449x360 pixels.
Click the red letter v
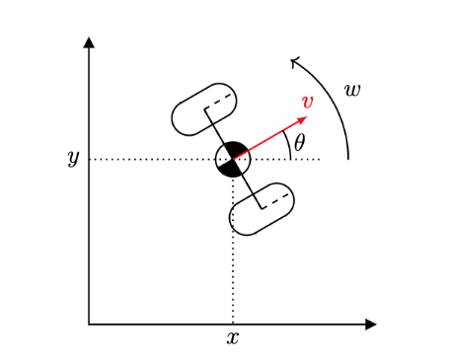[308, 102]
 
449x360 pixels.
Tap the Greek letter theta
[300, 141]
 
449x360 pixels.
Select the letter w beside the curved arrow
[351, 91]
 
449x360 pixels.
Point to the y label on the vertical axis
[72, 158]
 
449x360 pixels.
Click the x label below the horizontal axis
[233, 338]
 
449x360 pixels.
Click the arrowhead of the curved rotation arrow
[294, 62]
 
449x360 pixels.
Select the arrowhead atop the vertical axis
[89, 42]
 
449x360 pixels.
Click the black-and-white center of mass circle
[233, 158]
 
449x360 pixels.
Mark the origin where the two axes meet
[89, 324]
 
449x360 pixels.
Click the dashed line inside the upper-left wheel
[219, 103]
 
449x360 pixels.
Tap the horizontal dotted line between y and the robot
[148, 158]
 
